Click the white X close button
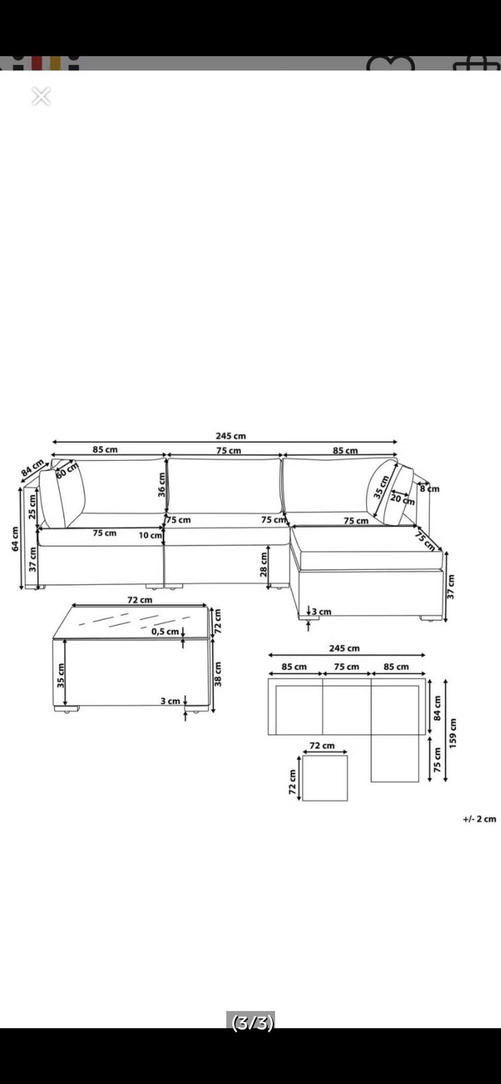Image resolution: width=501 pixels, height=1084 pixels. click(x=41, y=96)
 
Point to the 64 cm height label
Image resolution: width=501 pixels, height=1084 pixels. click(x=15, y=539)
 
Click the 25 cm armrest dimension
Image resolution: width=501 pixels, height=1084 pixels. click(x=32, y=507)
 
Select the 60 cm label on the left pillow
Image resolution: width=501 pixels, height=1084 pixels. click(x=67, y=470)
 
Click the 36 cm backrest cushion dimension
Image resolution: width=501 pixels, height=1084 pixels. click(x=161, y=485)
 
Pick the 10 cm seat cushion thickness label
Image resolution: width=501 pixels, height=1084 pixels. click(x=150, y=535)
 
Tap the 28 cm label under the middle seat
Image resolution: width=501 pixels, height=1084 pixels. click(x=264, y=564)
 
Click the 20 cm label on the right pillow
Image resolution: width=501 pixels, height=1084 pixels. click(x=402, y=499)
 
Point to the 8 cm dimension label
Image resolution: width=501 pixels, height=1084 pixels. click(x=430, y=489)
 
